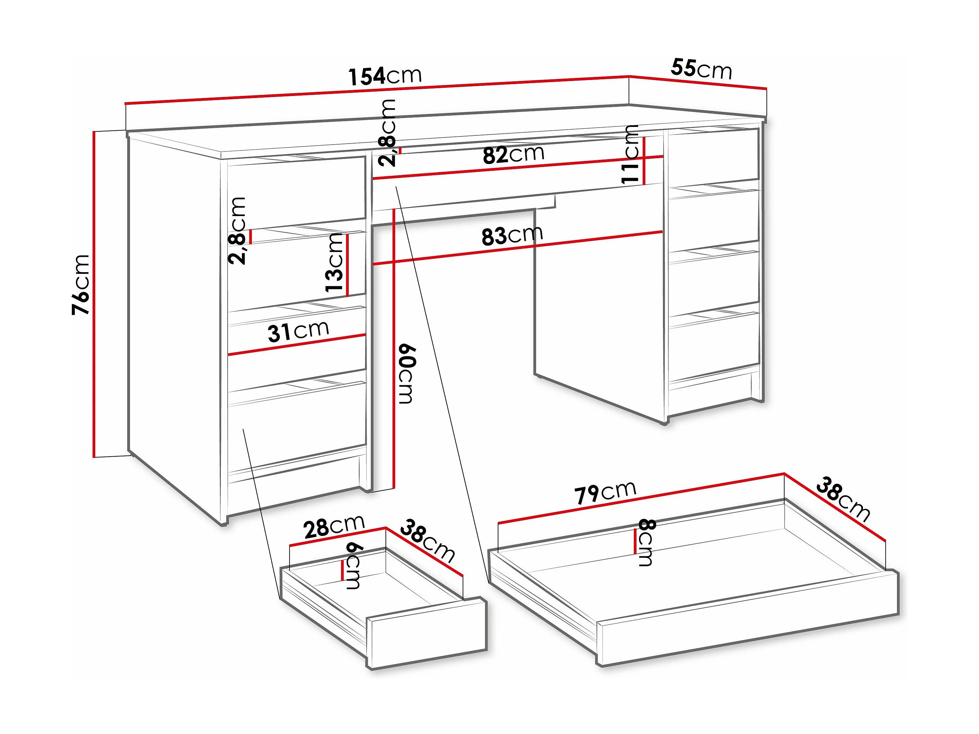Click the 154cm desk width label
point(385,76)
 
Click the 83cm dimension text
point(512,235)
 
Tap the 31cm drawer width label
point(298,331)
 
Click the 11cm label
point(630,154)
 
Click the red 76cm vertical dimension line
point(94,294)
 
